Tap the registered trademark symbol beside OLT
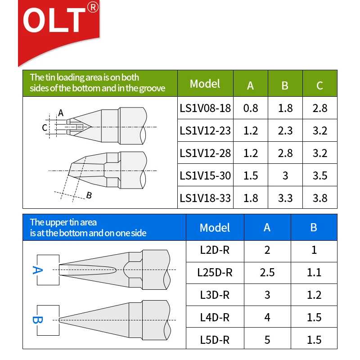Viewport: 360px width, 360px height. point(93,7)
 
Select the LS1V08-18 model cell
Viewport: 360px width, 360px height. point(205,108)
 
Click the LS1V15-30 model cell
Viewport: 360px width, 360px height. point(205,175)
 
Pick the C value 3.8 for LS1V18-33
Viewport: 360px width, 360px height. point(320,198)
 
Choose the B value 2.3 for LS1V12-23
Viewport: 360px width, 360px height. point(285,130)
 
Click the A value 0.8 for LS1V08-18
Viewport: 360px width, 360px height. point(251,108)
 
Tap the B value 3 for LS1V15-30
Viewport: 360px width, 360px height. point(285,175)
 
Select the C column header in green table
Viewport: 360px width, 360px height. point(320,85)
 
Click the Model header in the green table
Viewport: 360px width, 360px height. point(205,84)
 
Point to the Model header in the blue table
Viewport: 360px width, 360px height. point(215,228)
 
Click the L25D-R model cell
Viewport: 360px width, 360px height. point(215,273)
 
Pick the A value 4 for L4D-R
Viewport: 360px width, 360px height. point(267,317)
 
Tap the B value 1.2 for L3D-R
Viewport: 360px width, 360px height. point(314,295)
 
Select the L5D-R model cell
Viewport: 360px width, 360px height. point(215,340)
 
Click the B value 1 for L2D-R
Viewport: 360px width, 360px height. point(314,250)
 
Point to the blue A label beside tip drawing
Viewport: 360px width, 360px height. point(37,270)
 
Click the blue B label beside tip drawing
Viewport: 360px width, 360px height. point(37,320)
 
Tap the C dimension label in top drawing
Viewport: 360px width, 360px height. point(45,128)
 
